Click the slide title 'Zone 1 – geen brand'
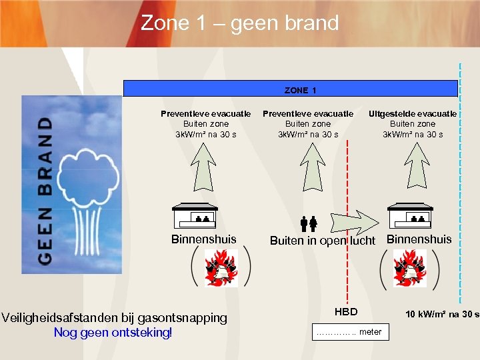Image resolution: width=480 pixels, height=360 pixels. pos(240,23)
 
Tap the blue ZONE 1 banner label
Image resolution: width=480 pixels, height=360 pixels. pos(300,89)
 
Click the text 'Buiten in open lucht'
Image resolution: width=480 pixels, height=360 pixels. pos(323,241)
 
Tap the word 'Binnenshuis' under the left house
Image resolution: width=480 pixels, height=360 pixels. pos(204,239)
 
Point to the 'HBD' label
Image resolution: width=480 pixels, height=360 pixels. pos(346,312)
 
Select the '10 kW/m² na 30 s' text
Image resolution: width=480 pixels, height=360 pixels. pos(443,314)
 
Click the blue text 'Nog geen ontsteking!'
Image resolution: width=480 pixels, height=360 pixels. pos(113,332)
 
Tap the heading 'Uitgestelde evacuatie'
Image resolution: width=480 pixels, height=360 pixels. pos(413,113)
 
